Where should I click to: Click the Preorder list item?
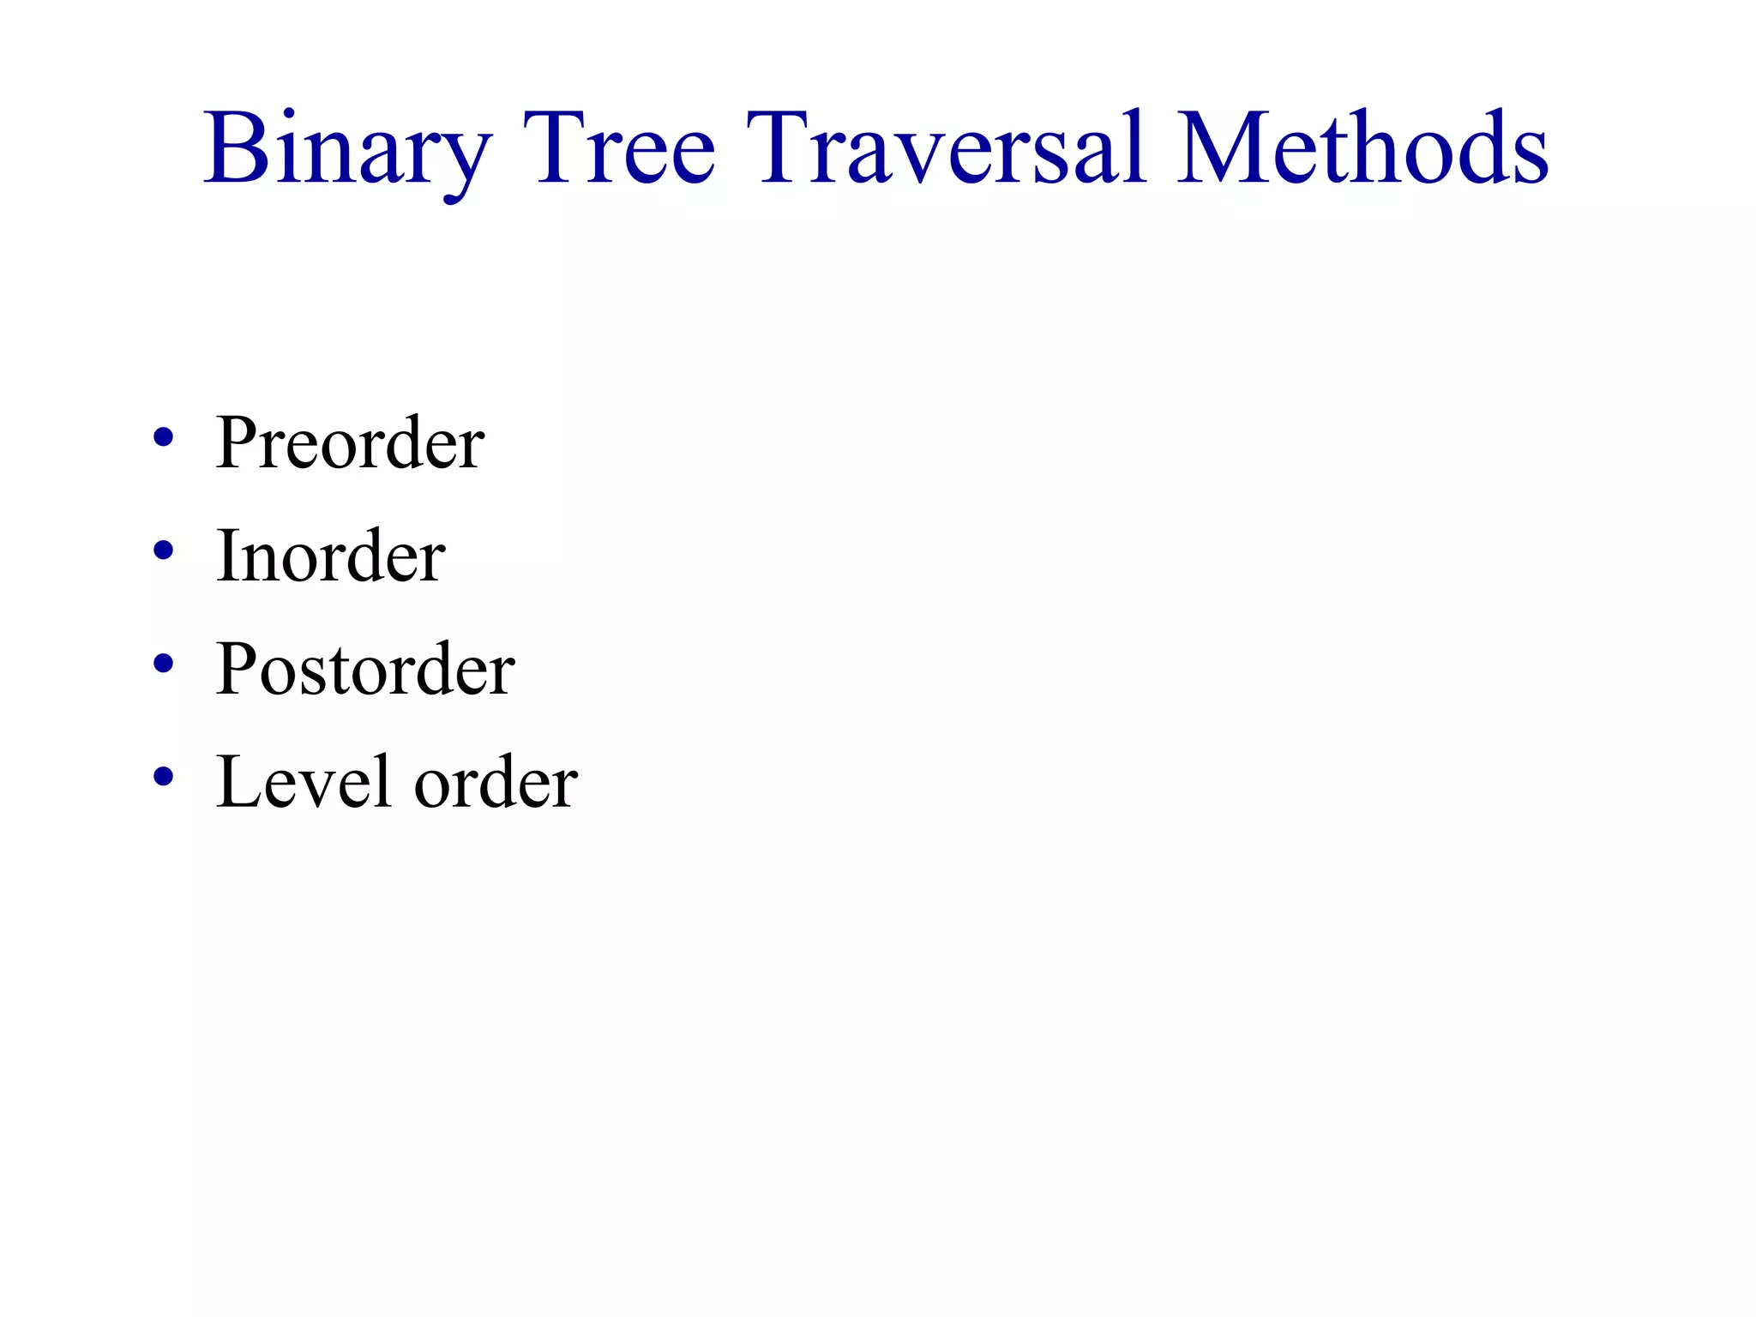point(350,443)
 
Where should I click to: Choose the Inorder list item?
point(330,556)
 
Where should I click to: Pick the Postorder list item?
point(365,669)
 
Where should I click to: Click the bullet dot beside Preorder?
point(163,438)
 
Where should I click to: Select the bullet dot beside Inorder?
point(163,550)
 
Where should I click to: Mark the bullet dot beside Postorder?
point(163,663)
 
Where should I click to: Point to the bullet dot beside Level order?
point(163,776)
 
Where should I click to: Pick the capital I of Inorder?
point(227,556)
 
